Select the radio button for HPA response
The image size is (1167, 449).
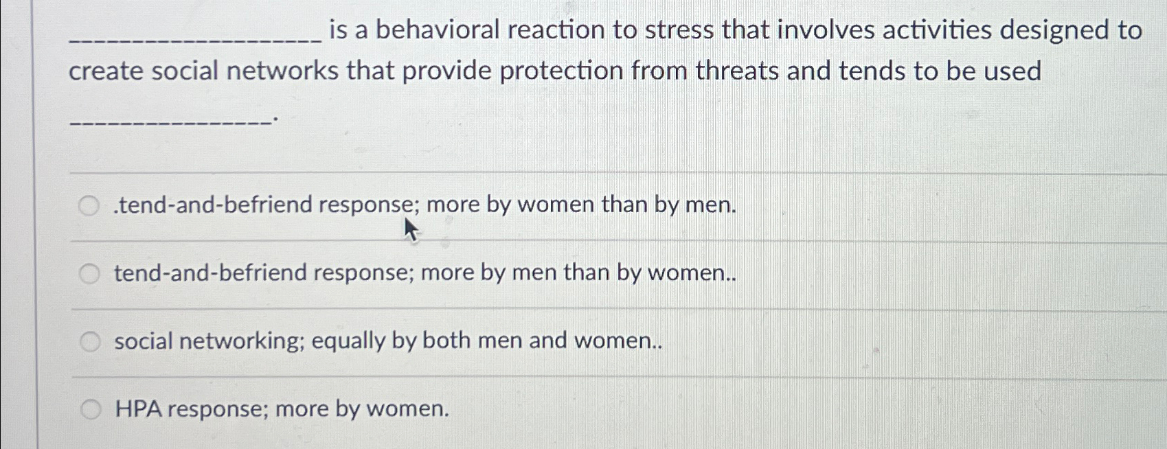click(x=91, y=410)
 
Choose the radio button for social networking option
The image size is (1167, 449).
click(x=90, y=342)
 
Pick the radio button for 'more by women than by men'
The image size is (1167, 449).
click(x=89, y=206)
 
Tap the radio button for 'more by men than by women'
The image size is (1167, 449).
click(x=89, y=273)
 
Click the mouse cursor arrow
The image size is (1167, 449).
click(x=411, y=230)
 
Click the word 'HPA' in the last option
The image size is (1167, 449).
click(x=137, y=409)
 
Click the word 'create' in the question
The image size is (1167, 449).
click(x=106, y=71)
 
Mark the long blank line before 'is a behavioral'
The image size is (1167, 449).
click(x=195, y=40)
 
